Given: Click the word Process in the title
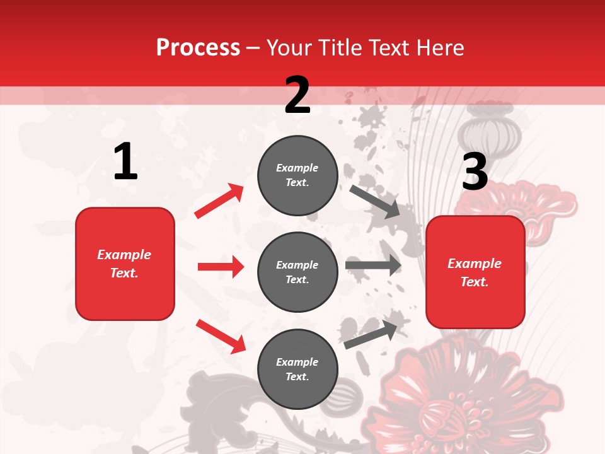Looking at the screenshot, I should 198,48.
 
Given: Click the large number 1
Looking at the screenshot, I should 125,162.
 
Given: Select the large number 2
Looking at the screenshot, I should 297,95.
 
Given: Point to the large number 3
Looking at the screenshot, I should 475,172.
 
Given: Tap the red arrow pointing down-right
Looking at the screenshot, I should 221,335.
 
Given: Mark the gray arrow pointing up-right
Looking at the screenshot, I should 371,334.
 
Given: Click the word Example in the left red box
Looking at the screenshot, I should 124,255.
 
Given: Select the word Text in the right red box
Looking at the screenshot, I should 474,282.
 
